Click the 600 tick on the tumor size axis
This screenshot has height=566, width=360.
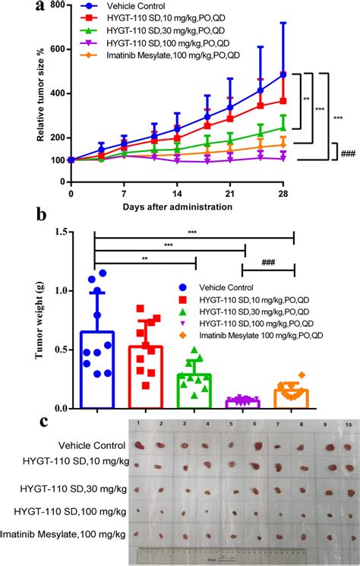pyautogui.click(x=56, y=49)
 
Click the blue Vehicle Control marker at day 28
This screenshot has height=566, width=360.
pyautogui.click(x=282, y=74)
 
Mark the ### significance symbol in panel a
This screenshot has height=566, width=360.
pyautogui.click(x=349, y=152)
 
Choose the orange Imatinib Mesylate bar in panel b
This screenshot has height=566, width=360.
pyautogui.click(x=293, y=398)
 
